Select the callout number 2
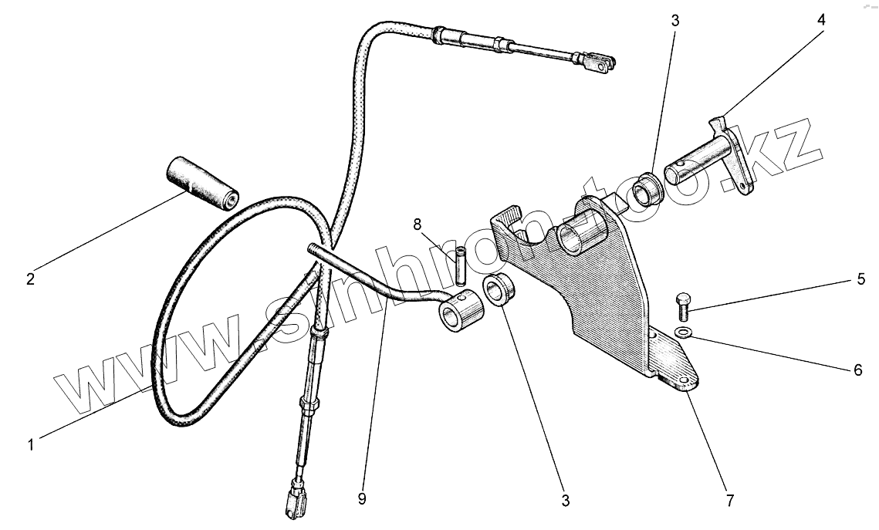point(30,279)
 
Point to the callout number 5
point(861,279)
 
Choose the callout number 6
point(857,370)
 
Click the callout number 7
point(729,501)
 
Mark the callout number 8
point(418,224)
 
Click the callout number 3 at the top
point(674,21)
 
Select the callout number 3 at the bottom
point(566,501)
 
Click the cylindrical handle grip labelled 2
point(201,182)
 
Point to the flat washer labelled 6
point(683,333)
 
